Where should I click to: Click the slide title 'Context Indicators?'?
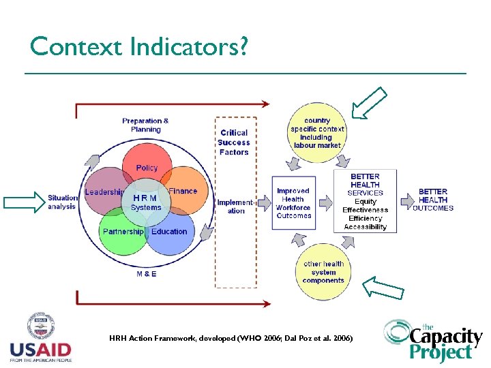point(138,46)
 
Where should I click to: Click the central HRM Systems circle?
point(146,202)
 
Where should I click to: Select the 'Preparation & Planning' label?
point(145,125)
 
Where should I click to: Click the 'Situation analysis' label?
point(62,202)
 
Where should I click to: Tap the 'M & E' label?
point(146,274)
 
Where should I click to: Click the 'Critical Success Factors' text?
point(234,142)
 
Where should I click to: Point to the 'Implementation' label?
point(235,206)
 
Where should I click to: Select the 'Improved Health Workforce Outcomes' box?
point(294,203)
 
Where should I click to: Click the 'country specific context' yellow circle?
point(317,133)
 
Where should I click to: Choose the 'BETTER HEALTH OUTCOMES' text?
point(433,200)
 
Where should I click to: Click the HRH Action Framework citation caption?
point(230,338)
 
